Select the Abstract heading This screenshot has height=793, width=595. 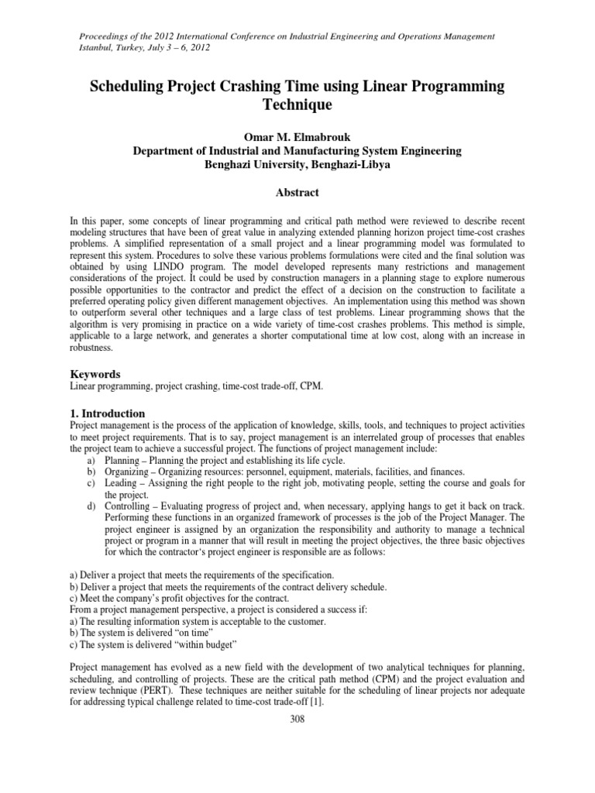click(297, 191)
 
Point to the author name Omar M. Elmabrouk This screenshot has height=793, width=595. click(297, 137)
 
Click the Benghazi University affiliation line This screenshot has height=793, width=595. click(297, 165)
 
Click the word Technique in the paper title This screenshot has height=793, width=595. click(297, 103)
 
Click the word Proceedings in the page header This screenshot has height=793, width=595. click(105, 36)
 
